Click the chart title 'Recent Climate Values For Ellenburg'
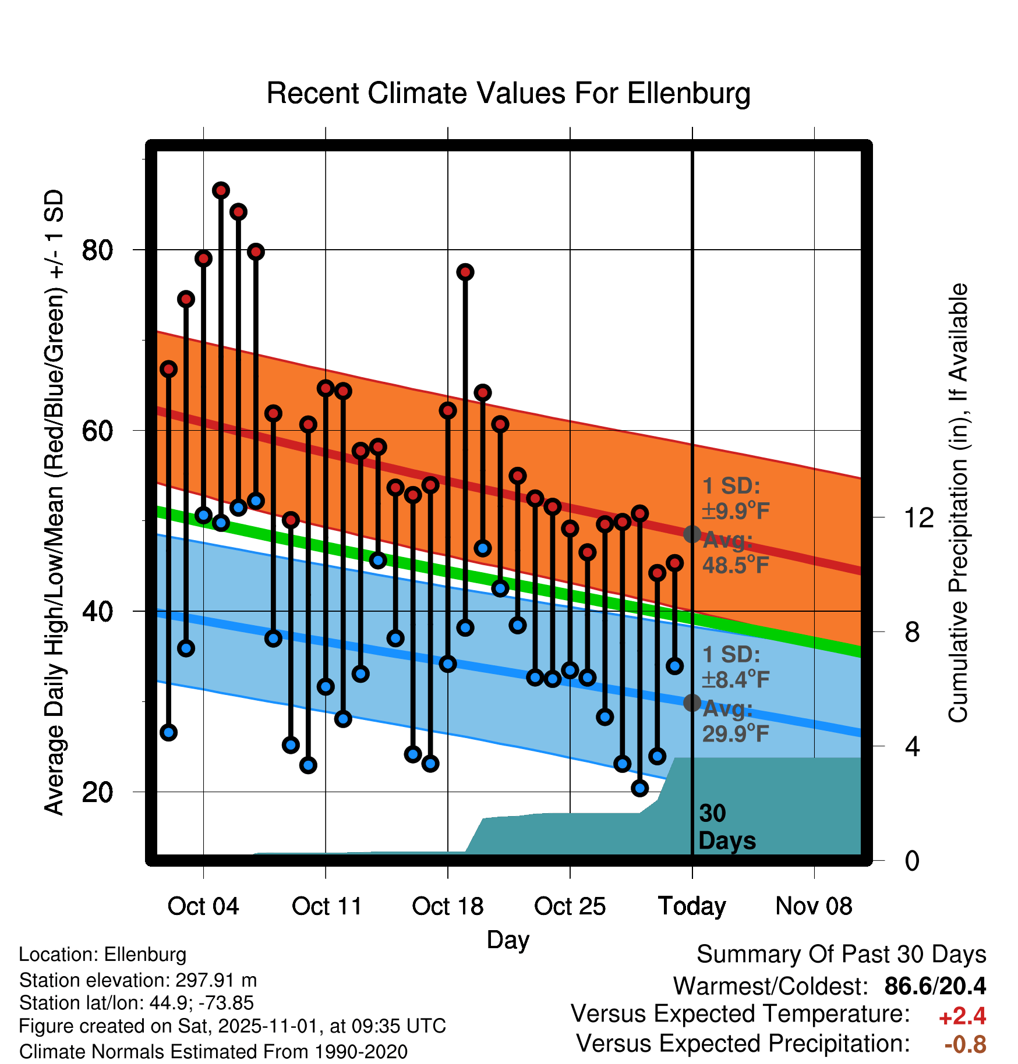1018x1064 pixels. click(x=508, y=93)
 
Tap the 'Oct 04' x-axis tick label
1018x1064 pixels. click(x=203, y=906)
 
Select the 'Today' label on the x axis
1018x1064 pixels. click(x=692, y=906)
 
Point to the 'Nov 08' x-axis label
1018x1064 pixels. click(x=814, y=906)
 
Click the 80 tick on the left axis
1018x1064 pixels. click(x=97, y=250)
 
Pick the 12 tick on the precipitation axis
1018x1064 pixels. click(x=918, y=517)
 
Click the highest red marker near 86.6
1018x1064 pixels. click(x=221, y=190)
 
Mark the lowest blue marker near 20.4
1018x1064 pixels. click(x=639, y=788)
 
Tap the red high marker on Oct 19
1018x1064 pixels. click(x=465, y=272)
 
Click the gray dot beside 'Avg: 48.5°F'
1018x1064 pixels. click(x=692, y=534)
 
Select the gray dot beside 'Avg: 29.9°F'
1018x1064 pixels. click(x=692, y=703)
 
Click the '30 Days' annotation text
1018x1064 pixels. click(x=726, y=827)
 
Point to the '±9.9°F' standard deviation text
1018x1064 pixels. click(x=736, y=511)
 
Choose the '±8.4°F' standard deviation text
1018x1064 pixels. click(x=736, y=679)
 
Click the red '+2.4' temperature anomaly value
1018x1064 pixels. click(x=962, y=1016)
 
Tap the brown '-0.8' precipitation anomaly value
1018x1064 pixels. click(x=965, y=1044)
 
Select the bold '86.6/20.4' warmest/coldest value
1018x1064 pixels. click(x=935, y=986)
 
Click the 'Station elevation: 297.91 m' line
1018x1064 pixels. click(x=138, y=980)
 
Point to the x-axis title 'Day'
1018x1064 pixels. click(x=508, y=939)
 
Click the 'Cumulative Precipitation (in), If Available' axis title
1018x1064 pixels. click(x=957, y=503)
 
